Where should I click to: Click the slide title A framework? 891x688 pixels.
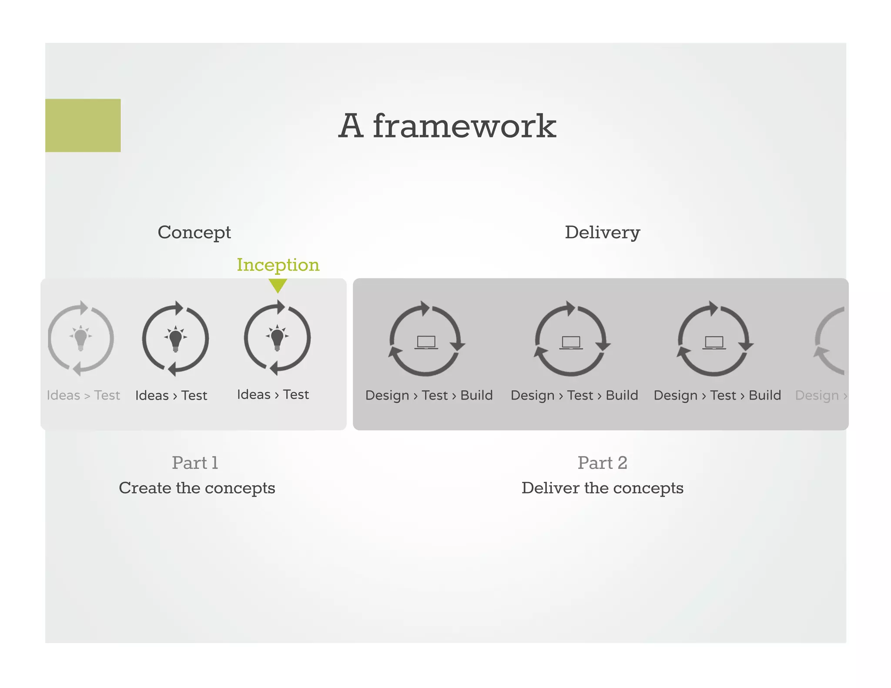pyautogui.click(x=447, y=126)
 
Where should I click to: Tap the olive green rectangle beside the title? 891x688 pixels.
pyautogui.click(x=83, y=125)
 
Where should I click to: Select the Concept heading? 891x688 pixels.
pyautogui.click(x=194, y=232)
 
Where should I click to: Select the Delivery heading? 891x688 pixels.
pyautogui.click(x=602, y=232)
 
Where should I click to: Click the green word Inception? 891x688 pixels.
pyautogui.click(x=278, y=265)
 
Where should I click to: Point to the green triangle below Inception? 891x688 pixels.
pyautogui.click(x=278, y=285)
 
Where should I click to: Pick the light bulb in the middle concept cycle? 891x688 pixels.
pyautogui.click(x=175, y=338)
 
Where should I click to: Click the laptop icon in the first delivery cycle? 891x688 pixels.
pyautogui.click(x=426, y=342)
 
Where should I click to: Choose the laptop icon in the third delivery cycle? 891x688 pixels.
pyautogui.click(x=714, y=342)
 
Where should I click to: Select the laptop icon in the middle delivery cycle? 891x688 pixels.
pyautogui.click(x=571, y=342)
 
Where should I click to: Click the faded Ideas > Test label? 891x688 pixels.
pyautogui.click(x=83, y=395)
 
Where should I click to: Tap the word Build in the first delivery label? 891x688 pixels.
pyautogui.click(x=476, y=395)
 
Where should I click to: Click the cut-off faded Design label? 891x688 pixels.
pyautogui.click(x=818, y=395)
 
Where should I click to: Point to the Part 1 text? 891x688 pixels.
pyautogui.click(x=195, y=463)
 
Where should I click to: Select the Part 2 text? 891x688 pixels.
pyautogui.click(x=602, y=463)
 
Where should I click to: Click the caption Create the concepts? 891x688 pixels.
pyautogui.click(x=197, y=488)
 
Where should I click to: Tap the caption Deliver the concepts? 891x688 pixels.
pyautogui.click(x=602, y=488)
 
